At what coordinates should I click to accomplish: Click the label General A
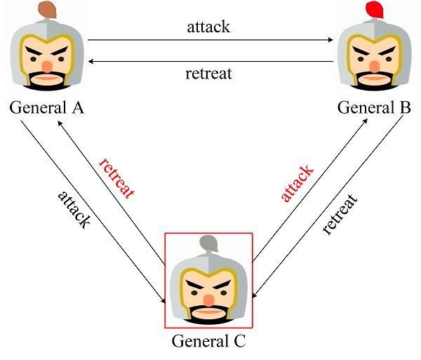coord(47,107)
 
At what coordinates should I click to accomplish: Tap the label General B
coord(374,107)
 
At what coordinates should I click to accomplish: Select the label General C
coord(208,341)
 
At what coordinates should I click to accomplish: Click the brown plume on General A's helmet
coord(47,10)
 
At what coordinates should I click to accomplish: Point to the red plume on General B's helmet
coord(375,10)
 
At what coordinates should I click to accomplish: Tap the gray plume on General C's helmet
coord(209,244)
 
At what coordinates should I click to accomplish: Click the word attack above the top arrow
coord(208,27)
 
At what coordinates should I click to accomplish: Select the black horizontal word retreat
coord(208,73)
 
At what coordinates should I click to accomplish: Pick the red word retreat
coord(116,178)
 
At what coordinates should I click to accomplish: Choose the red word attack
coord(298,183)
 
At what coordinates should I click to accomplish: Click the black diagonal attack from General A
coord(74,210)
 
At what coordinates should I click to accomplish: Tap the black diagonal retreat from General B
coord(340,214)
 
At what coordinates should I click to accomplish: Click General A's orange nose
coord(47,67)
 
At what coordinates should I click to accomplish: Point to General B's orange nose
coord(374,67)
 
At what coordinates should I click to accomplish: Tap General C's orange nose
coord(208,300)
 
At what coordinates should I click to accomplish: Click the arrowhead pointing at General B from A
coord(330,40)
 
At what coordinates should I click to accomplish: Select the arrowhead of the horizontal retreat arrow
coord(91,62)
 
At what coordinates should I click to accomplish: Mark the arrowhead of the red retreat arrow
coord(60,123)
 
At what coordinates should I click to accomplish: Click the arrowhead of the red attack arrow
coord(365,121)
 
